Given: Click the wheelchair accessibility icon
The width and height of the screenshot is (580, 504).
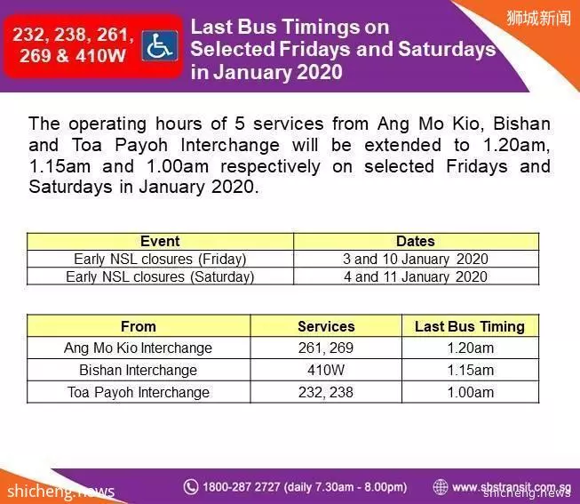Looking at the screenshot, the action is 160,46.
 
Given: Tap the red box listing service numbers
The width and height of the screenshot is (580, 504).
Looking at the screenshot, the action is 93,46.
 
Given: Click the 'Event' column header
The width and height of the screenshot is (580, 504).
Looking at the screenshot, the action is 160,241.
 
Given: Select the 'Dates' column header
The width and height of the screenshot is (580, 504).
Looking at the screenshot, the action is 416,241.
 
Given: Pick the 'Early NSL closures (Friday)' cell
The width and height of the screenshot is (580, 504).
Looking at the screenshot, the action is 160,259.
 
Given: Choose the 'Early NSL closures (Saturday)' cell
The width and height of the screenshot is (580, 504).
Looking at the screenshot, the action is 160,276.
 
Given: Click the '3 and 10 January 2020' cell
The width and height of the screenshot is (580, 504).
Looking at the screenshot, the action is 416,259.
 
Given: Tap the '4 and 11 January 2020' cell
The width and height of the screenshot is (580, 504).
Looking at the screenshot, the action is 416,276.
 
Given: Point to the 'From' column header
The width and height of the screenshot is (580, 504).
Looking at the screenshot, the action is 139,326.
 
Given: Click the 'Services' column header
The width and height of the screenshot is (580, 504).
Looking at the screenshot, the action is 326,326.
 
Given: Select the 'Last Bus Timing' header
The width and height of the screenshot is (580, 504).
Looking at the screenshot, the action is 470,326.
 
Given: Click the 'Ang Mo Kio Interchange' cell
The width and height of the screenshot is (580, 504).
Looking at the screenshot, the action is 139,348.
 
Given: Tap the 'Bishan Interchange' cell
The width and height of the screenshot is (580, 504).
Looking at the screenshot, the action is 139,370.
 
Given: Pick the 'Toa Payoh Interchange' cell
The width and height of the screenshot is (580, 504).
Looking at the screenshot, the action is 139,392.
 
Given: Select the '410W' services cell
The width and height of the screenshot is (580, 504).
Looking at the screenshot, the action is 326,370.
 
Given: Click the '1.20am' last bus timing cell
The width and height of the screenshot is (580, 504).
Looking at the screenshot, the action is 470,348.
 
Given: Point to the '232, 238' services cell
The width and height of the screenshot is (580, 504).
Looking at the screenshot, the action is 326,392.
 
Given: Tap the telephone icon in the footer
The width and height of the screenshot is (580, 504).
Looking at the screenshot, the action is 191,486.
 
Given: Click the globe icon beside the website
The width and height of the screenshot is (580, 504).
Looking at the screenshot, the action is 441,486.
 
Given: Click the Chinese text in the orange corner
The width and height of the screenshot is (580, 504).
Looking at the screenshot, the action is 538,18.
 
